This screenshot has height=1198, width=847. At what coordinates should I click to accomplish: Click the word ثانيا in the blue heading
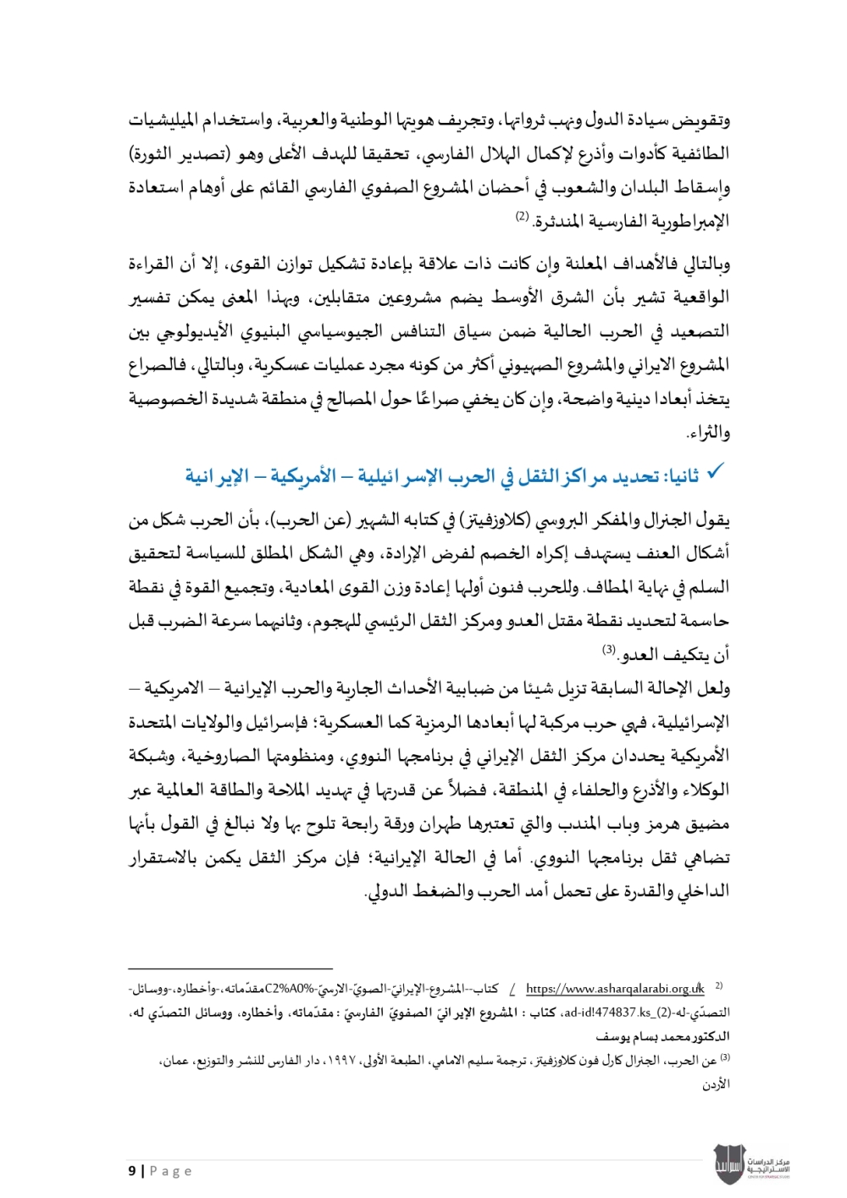tap(683, 477)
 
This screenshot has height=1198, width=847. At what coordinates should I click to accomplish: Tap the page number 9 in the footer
tap(132, 1171)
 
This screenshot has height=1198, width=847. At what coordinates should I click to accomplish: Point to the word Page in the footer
tap(171, 1171)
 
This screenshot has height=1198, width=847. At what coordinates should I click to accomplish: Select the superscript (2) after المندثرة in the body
tap(522, 218)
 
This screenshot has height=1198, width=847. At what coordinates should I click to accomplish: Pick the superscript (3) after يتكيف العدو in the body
tap(608, 651)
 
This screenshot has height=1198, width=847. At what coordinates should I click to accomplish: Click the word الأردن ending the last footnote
tap(716, 1084)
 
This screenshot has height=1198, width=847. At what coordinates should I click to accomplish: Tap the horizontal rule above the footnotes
tap(230, 968)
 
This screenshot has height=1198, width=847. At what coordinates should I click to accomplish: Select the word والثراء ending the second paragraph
tap(708, 433)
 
